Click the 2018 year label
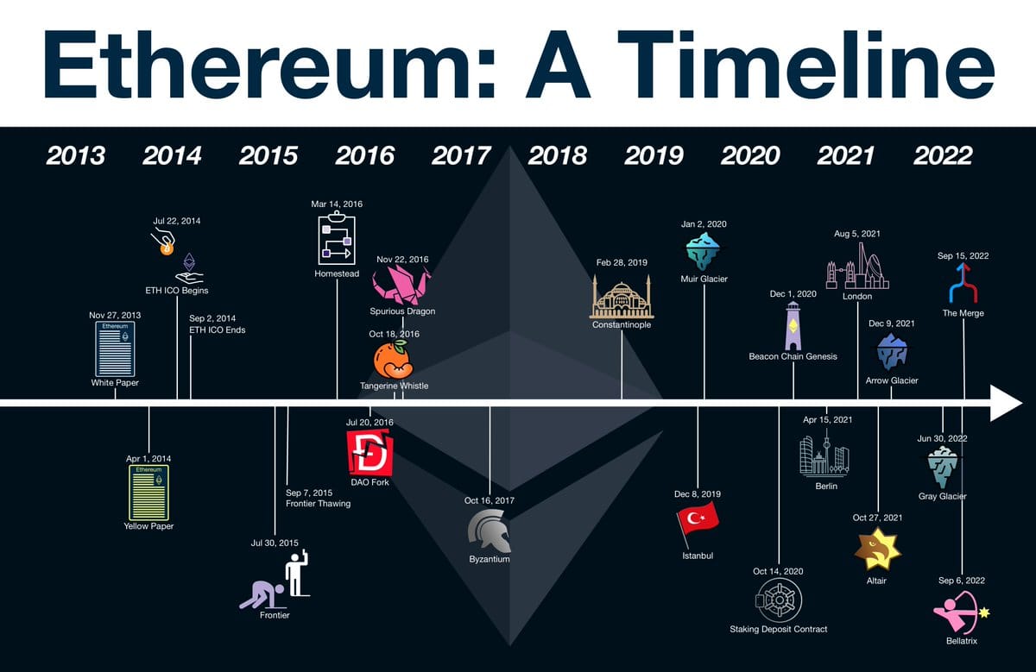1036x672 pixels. [x=557, y=155]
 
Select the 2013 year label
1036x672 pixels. [x=76, y=155]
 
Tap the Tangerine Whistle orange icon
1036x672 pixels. [x=394, y=360]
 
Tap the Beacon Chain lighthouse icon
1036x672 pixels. [x=793, y=325]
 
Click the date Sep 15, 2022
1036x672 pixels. [x=963, y=255]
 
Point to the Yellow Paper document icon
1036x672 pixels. [x=148, y=493]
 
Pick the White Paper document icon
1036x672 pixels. [x=115, y=349]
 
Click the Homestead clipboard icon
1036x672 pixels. [x=337, y=238]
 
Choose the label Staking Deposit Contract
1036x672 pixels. [x=778, y=629]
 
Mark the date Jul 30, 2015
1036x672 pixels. [x=275, y=543]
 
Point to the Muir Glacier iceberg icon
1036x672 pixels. [x=704, y=251]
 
